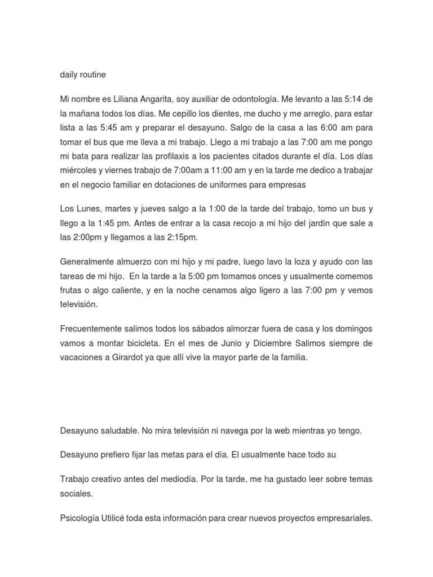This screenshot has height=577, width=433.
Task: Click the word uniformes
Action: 222,184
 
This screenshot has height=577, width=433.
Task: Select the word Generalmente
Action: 87,263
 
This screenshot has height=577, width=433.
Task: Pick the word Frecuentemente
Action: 92,329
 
